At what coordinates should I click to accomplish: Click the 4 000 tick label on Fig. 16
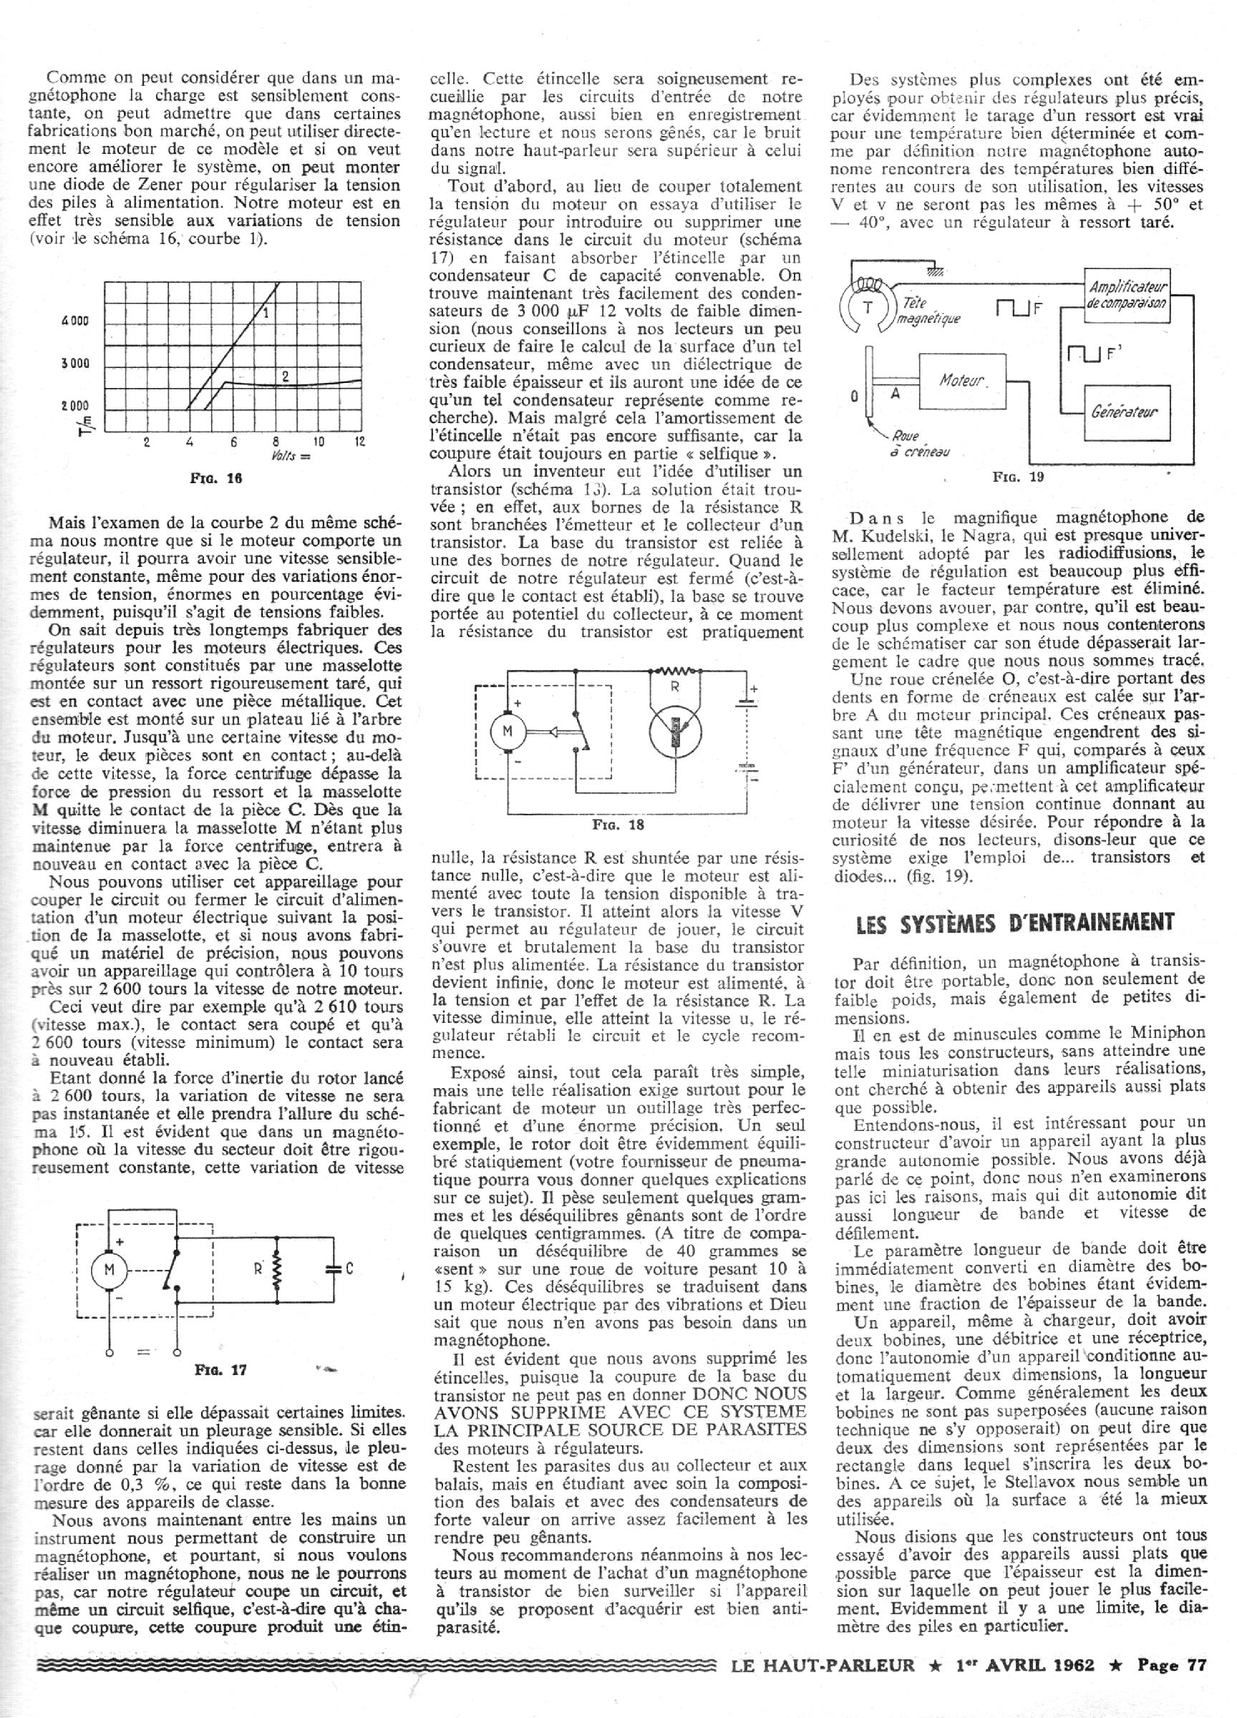75,321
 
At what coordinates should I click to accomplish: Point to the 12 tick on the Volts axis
359,442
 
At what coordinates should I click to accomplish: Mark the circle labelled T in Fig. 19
868,308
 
